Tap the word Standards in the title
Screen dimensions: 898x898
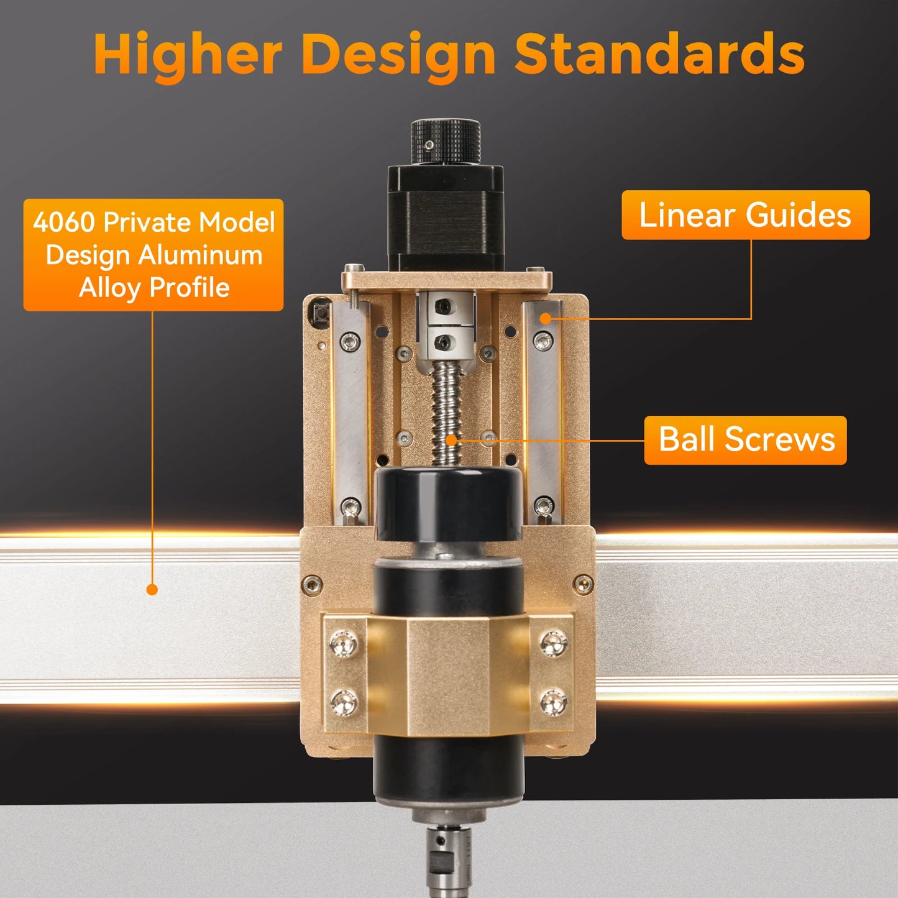[x=659, y=55]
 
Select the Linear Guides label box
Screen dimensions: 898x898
[x=745, y=215]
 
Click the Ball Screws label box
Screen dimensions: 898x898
[x=745, y=440]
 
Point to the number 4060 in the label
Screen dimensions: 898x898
[x=63, y=222]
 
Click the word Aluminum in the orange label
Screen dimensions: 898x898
[x=200, y=255]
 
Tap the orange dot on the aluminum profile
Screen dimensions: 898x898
[x=152, y=589]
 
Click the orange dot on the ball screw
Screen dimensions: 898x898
[x=452, y=441]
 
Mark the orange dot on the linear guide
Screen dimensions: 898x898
[x=545, y=319]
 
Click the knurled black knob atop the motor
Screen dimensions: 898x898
[x=445, y=142]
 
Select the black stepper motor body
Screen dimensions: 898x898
[x=446, y=218]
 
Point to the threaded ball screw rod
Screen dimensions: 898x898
[x=446, y=410]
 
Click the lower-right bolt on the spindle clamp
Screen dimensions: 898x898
[x=552, y=702]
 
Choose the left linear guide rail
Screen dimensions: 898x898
[x=351, y=410]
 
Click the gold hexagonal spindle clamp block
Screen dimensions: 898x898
[x=447, y=674]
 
